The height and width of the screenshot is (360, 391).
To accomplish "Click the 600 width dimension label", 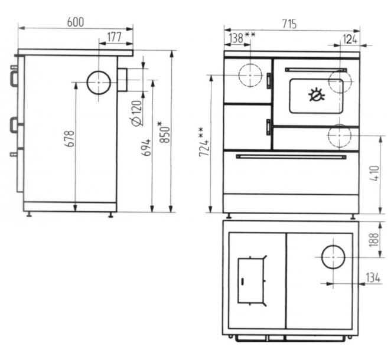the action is coord(76,22).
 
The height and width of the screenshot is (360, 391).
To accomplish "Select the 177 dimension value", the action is coord(115,37).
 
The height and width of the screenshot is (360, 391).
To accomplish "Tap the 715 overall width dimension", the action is coord(289,24).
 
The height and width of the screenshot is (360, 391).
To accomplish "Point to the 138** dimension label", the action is coord(242,38).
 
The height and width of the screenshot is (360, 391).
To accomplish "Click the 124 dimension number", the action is coord(350,39).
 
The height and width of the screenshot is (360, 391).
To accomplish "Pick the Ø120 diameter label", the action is coord(137,113).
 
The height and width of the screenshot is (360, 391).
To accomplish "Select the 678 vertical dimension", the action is coord(70,139).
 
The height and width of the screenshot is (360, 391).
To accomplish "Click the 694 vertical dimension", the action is coord(146,148).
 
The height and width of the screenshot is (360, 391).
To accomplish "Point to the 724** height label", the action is coord(203,142).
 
